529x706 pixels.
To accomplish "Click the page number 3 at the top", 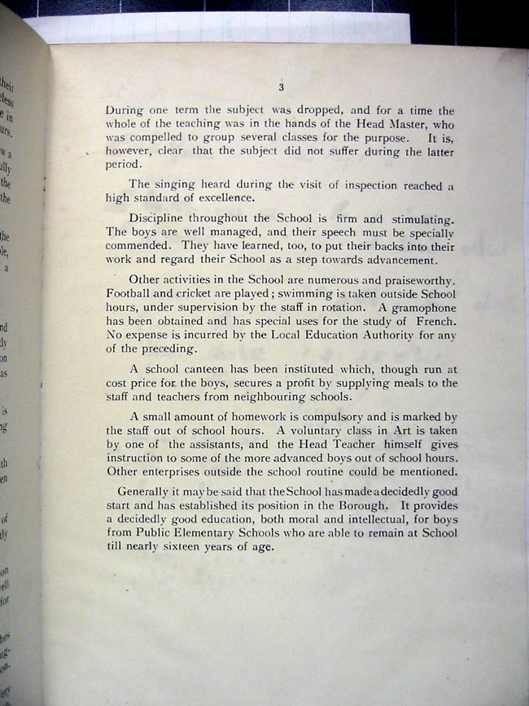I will [280, 88].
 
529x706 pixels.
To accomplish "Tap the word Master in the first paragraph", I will [403, 124].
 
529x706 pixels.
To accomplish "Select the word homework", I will [263, 418].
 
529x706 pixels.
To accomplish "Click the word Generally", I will [149, 492].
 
